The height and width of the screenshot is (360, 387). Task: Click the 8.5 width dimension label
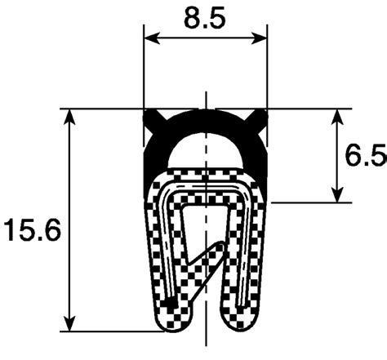point(205,19)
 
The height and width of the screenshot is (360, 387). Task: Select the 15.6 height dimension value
point(32,230)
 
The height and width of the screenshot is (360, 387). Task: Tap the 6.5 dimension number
point(366,156)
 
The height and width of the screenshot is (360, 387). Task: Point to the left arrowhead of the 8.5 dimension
point(151,38)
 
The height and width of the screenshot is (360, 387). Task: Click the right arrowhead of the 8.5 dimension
point(259,38)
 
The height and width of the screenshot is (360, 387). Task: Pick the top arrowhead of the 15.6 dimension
point(69,117)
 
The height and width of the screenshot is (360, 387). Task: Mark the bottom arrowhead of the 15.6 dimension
point(69,323)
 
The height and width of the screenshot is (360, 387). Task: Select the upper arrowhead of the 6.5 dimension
point(337,117)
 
